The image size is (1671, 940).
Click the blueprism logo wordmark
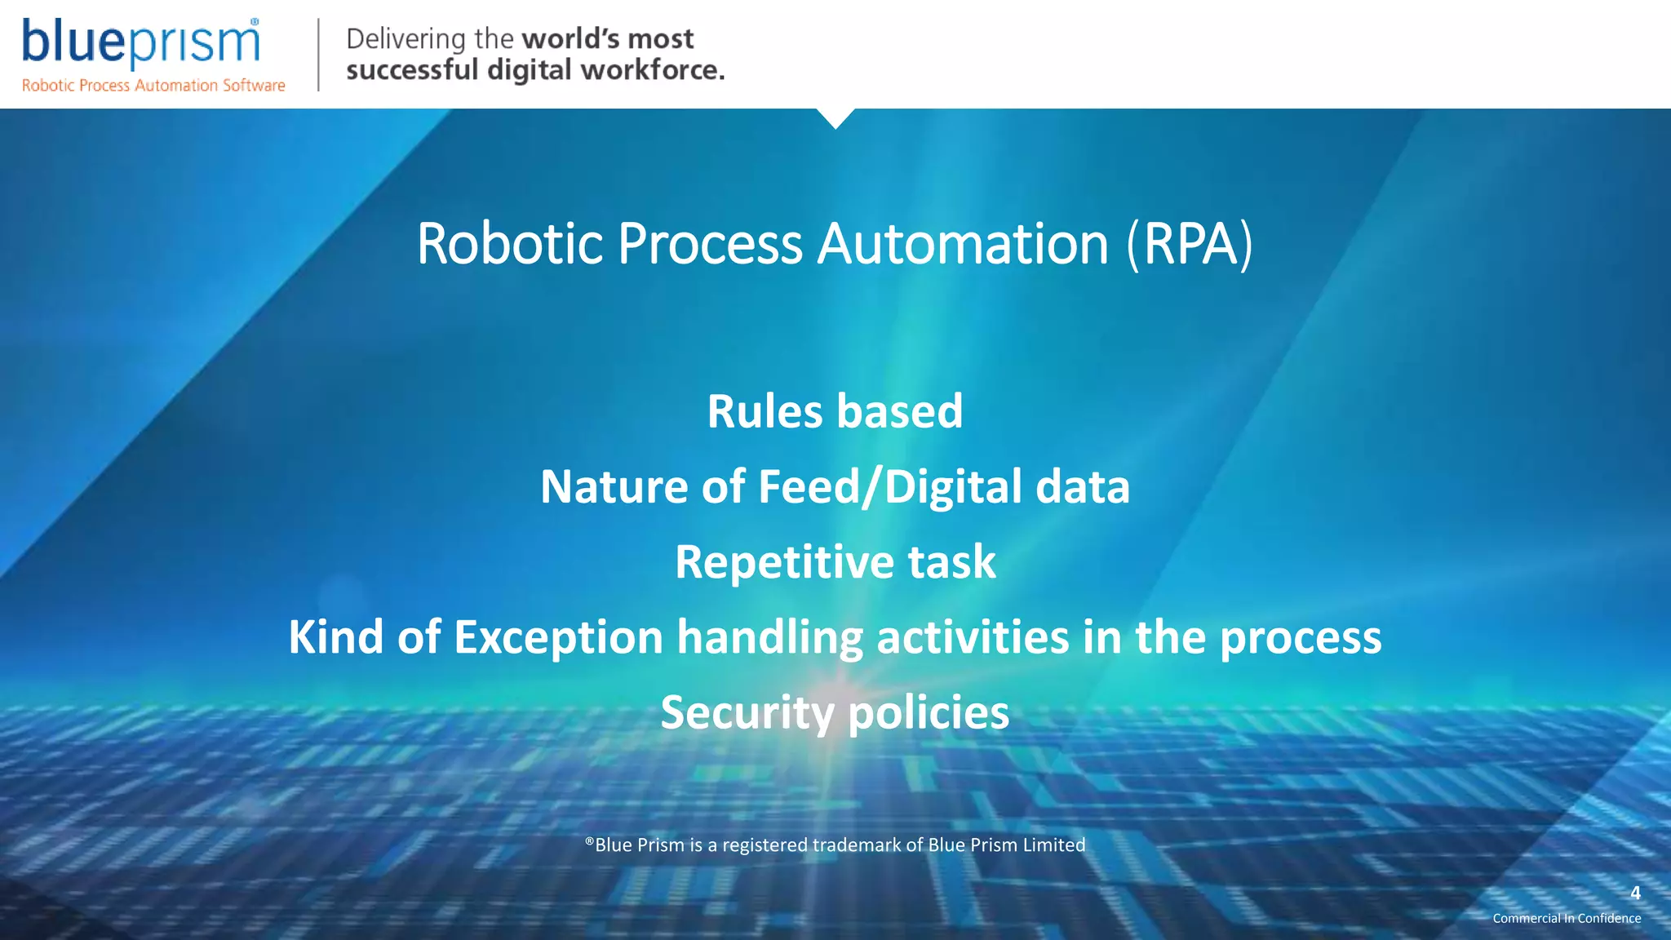140,42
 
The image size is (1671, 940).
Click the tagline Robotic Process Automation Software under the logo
153,86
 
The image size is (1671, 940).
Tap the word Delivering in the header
406,38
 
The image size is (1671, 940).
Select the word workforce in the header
653,70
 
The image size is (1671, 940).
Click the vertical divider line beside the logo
318,55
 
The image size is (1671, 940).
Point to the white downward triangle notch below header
835,117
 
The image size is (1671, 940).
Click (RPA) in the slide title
1189,244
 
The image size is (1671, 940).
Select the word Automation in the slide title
963,244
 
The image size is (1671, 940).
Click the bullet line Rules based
835,411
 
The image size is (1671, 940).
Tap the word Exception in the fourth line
558,637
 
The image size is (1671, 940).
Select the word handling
769,637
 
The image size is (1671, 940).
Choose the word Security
747,713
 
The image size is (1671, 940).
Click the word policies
929,713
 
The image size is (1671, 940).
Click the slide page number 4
1635,893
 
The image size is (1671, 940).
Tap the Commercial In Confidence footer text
1567,919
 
